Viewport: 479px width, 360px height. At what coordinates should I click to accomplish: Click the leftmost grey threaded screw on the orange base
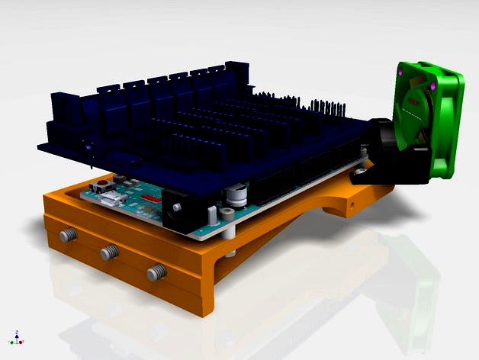click(68, 235)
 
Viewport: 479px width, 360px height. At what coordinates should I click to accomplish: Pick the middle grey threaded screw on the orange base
click(110, 251)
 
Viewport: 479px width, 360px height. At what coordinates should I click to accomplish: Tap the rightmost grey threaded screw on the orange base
click(157, 270)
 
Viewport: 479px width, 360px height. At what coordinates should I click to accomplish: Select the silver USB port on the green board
click(115, 199)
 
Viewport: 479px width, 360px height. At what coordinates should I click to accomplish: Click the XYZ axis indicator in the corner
click(16, 337)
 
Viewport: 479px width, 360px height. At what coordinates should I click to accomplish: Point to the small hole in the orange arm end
click(352, 204)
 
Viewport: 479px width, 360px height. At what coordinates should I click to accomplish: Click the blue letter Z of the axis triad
click(16, 332)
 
